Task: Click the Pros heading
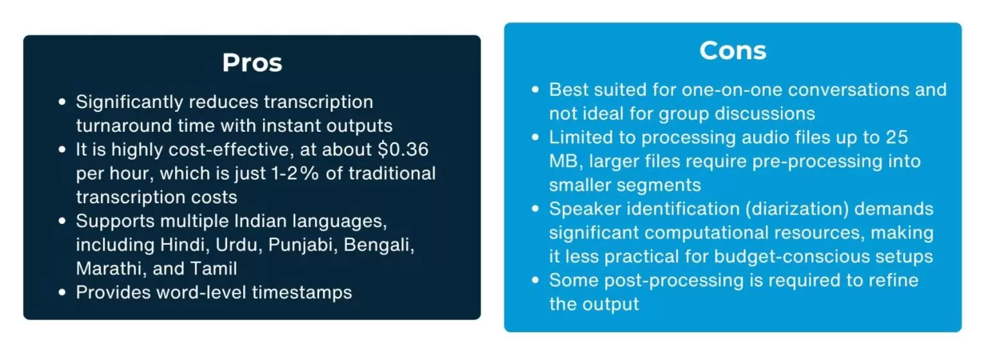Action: pyautogui.click(x=252, y=62)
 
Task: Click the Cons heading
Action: pyautogui.click(x=733, y=50)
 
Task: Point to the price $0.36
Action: pyautogui.click(x=403, y=149)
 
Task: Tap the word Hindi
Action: pyautogui.click(x=185, y=244)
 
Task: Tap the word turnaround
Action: pyautogui.click(x=124, y=126)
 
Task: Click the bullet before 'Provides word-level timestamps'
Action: pyautogui.click(x=62, y=292)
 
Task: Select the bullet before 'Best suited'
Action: pyautogui.click(x=535, y=89)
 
